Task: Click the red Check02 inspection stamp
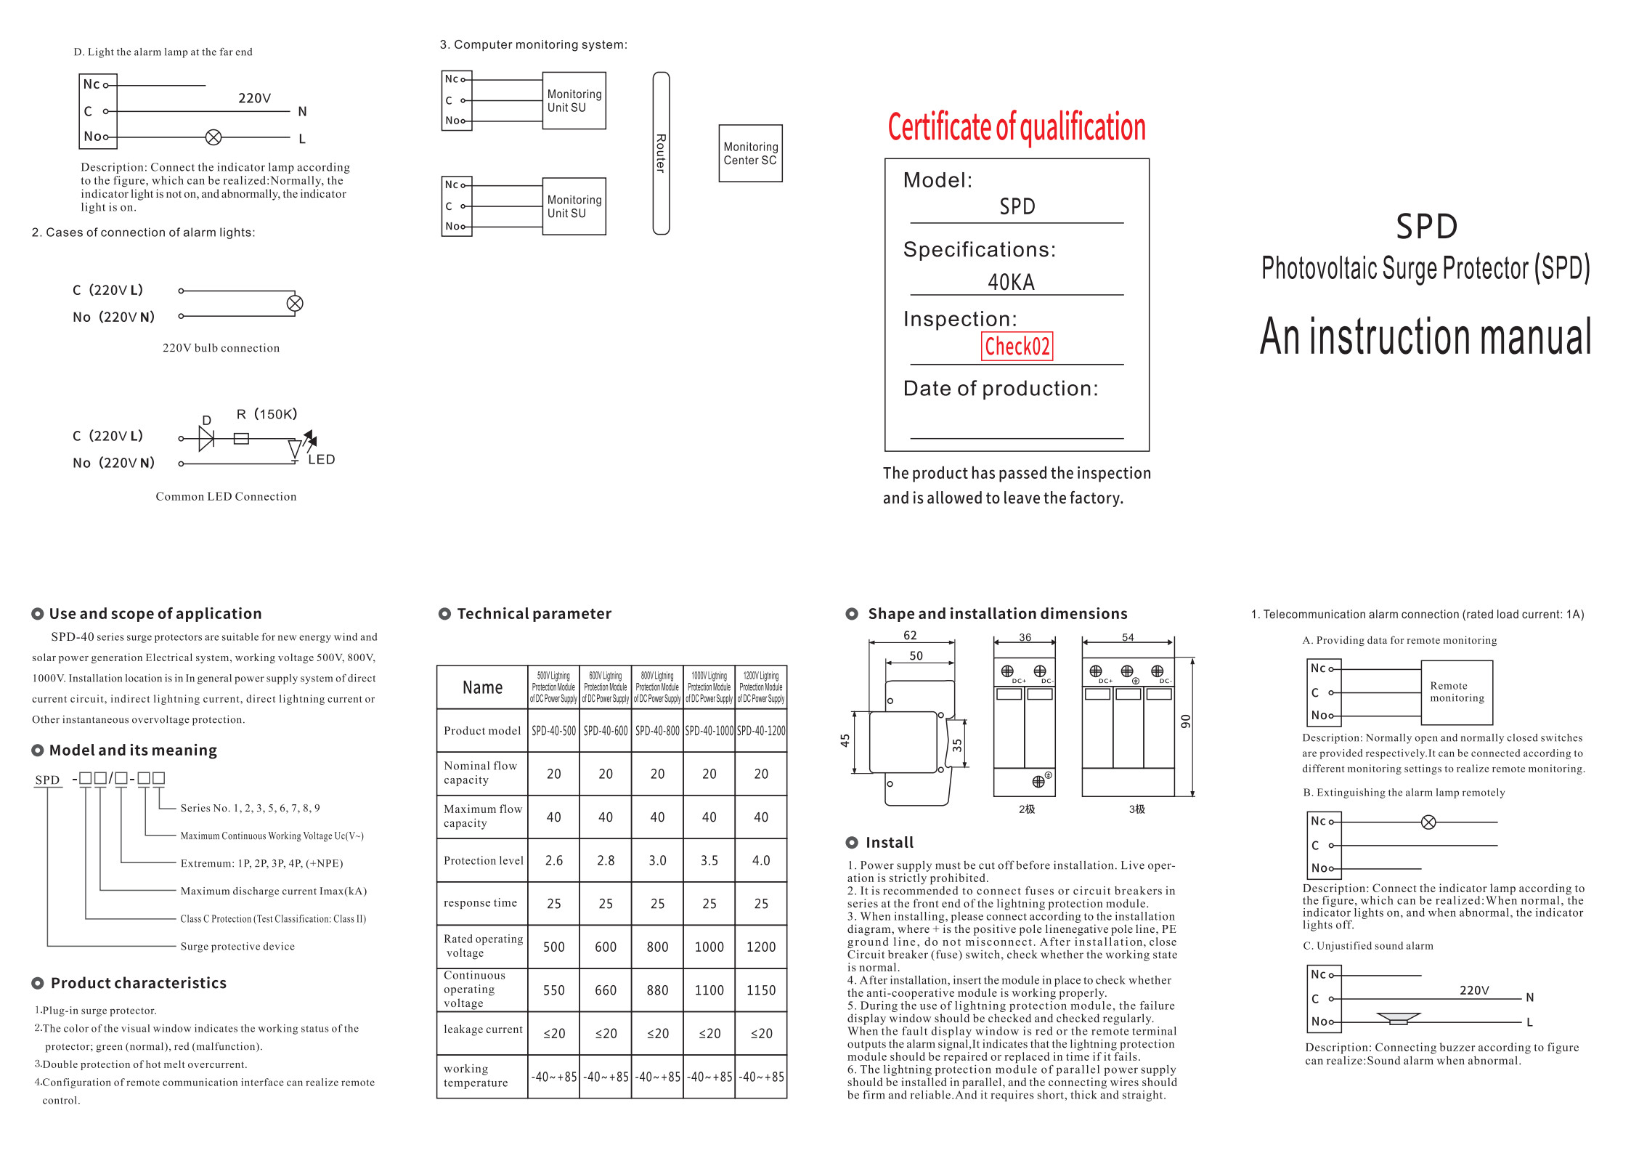pos(1017,347)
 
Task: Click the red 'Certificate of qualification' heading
pos(1017,127)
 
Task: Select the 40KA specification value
pos(1011,282)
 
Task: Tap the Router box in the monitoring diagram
pos(661,153)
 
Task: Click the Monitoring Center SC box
pos(750,153)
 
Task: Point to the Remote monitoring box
pos(1457,692)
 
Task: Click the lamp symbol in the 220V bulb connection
pos(295,304)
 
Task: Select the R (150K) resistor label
pos(267,414)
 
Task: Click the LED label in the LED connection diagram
pos(321,459)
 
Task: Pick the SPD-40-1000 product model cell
pos(709,731)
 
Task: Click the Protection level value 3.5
pos(709,860)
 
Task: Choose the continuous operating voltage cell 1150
pos(760,990)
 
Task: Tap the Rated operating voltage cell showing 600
pos(606,947)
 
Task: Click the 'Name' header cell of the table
pos(482,687)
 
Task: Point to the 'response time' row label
pos(481,903)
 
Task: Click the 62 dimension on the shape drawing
pos(910,636)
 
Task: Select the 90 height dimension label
pos(1185,721)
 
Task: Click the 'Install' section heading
pos(890,843)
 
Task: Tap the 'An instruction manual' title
pos(1425,337)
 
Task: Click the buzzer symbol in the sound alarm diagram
pos(1398,1019)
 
